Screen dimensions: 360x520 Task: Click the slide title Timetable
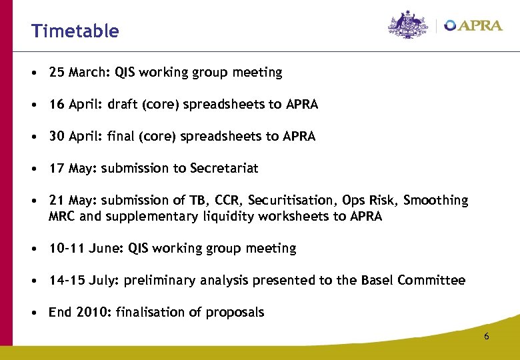[x=75, y=31]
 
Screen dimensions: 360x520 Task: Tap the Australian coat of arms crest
[x=409, y=25]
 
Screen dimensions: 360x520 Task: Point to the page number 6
[x=486, y=337]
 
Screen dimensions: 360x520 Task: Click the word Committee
[x=431, y=281]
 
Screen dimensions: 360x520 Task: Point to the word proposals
[x=235, y=313]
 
